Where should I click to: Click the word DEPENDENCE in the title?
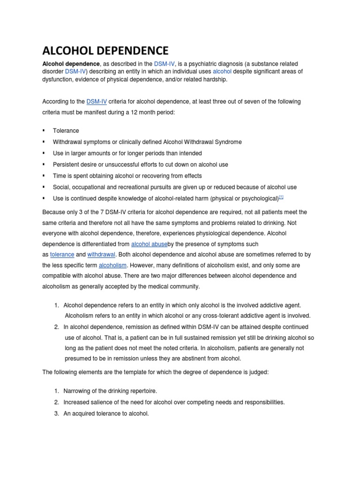[x=128, y=50]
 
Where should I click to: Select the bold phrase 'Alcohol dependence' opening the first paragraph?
[x=71, y=63]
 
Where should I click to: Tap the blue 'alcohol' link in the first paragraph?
[x=222, y=71]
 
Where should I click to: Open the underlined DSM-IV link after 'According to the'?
[x=97, y=102]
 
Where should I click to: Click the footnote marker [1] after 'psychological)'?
[x=281, y=197]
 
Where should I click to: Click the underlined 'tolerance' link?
[x=62, y=254]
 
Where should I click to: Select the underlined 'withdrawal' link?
[x=101, y=254]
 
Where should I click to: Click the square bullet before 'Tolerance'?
[x=44, y=131]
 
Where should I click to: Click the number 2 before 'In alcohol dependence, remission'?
[x=56, y=327]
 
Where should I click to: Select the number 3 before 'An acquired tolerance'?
[x=56, y=413]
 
